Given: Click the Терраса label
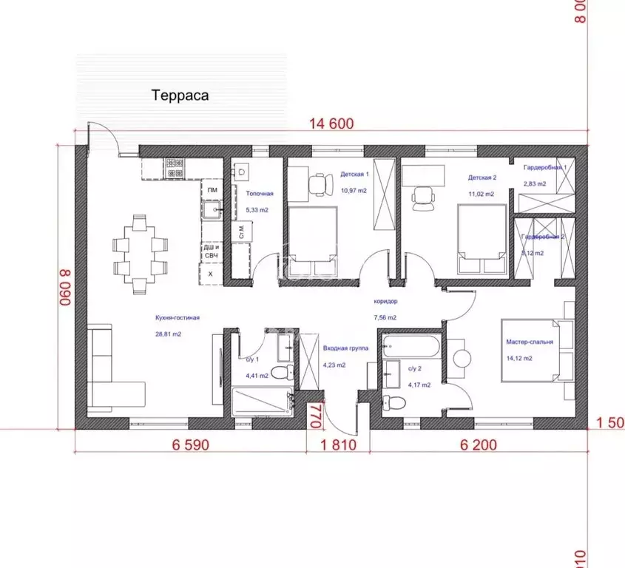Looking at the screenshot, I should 180,95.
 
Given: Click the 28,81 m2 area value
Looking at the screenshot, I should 168,334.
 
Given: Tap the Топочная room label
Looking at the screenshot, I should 260,194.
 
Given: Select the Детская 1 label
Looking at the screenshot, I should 354,175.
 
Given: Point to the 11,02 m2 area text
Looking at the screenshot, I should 481,194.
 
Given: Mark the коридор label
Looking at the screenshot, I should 385,302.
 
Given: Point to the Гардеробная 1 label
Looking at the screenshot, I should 544,167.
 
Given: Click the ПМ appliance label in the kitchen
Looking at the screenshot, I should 212,191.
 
